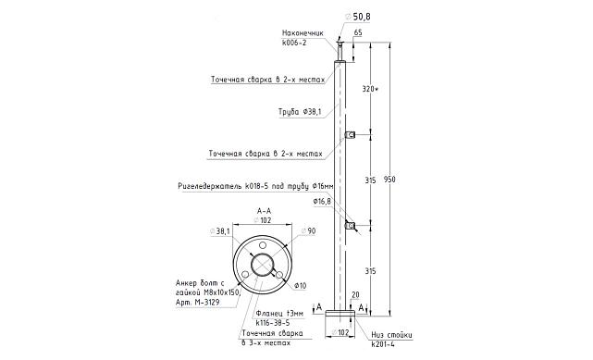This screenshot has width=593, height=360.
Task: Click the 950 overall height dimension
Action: tap(389, 179)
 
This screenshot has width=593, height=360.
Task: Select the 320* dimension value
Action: tap(370, 89)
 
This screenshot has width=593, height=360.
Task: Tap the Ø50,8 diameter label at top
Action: tap(358, 17)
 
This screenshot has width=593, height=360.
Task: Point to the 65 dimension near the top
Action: tap(357, 33)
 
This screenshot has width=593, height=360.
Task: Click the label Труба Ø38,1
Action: tap(300, 112)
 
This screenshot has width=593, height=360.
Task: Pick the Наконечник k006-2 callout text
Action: tap(303, 38)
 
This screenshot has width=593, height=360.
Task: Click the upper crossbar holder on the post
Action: tap(350, 135)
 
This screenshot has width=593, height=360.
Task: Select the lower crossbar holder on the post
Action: tap(350, 226)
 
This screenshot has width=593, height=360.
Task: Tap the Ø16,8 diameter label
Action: tap(322, 202)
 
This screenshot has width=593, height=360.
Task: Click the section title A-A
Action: tap(264, 211)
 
